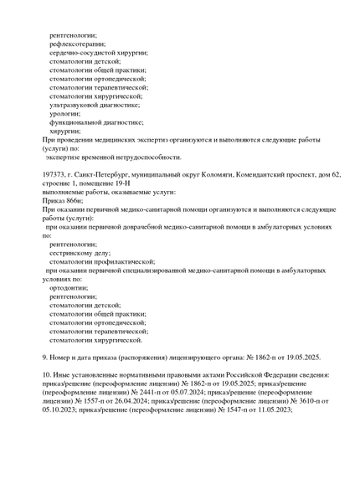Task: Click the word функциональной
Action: pyautogui.click(x=78, y=121)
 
